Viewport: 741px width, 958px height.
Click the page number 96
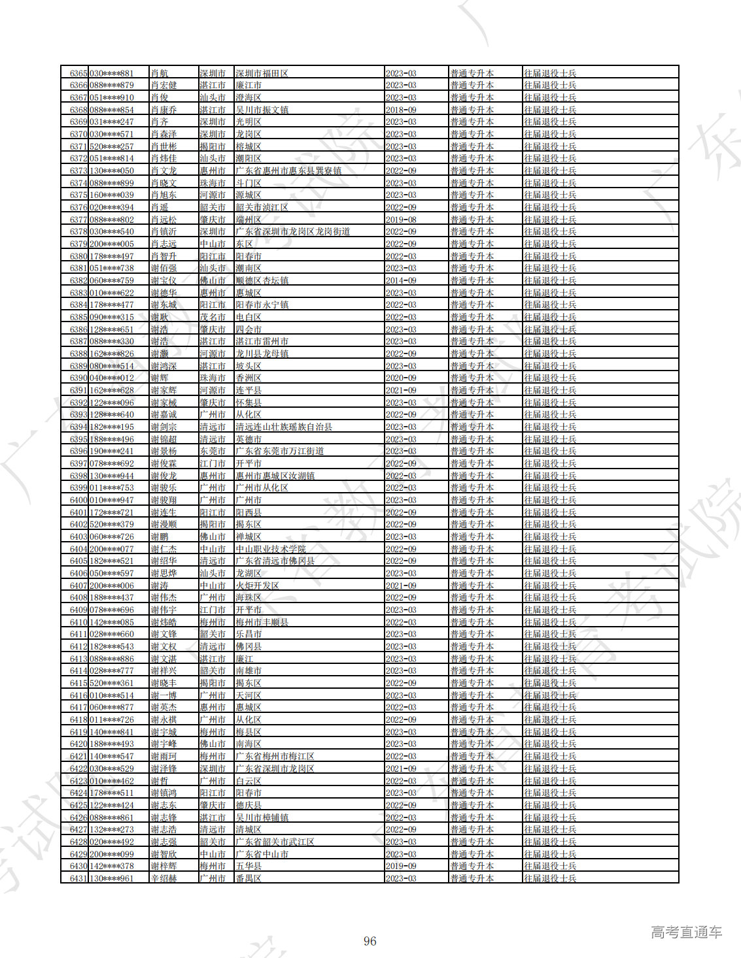pos(370,941)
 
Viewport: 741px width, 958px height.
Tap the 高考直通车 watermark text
pos(686,933)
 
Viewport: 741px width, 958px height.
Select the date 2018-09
pos(401,110)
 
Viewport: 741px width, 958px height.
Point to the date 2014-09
pos(401,280)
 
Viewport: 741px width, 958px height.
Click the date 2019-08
pos(401,220)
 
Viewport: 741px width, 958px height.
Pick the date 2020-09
pos(401,378)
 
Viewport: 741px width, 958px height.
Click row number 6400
pos(78,500)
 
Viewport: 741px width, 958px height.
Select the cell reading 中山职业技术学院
pos(271,549)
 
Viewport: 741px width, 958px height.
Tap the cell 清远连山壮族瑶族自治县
pos(284,427)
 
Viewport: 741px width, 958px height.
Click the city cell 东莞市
pos(213,451)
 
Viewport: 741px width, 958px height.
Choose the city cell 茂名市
pos(213,317)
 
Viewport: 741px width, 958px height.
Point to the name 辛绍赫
pos(164,878)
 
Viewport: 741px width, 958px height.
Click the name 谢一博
pos(164,695)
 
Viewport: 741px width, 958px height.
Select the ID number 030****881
pos(111,73)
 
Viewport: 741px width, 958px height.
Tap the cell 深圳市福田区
pos(262,73)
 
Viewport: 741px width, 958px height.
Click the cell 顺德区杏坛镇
pos(262,280)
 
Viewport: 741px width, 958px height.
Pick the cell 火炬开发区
pos(257,586)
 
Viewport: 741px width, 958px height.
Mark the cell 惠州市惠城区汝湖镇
pos(275,476)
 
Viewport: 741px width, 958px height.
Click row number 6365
pos(78,73)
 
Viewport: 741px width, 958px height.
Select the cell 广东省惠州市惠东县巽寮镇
pos(288,171)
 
